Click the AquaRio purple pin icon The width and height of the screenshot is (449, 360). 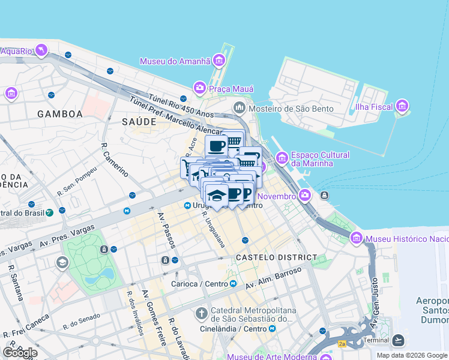[41, 50]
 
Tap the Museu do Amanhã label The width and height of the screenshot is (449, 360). [175, 61]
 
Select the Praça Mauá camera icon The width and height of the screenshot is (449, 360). [199, 88]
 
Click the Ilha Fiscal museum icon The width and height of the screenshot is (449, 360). [402, 107]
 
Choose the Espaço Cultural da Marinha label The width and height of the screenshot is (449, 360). [320, 159]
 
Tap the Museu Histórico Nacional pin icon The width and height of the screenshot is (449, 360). [357, 239]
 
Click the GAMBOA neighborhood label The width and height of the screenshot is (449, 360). [59, 113]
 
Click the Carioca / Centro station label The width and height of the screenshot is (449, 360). [199, 283]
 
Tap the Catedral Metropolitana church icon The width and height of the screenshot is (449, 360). [202, 313]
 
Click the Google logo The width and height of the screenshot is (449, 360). [19, 352]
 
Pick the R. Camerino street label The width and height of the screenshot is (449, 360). [114, 160]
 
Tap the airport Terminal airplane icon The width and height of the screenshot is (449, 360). [398, 340]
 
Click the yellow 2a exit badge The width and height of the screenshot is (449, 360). [342, 344]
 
